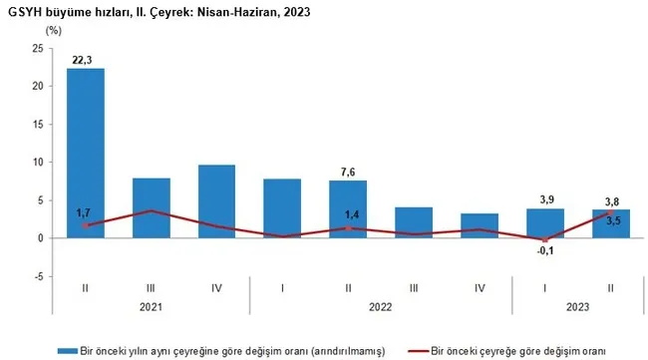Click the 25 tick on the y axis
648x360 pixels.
tap(37, 48)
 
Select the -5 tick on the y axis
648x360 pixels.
tap(37, 276)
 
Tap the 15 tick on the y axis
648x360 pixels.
tap(37, 124)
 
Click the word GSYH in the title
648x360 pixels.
tap(23, 12)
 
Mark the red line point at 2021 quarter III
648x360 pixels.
tap(152, 211)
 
